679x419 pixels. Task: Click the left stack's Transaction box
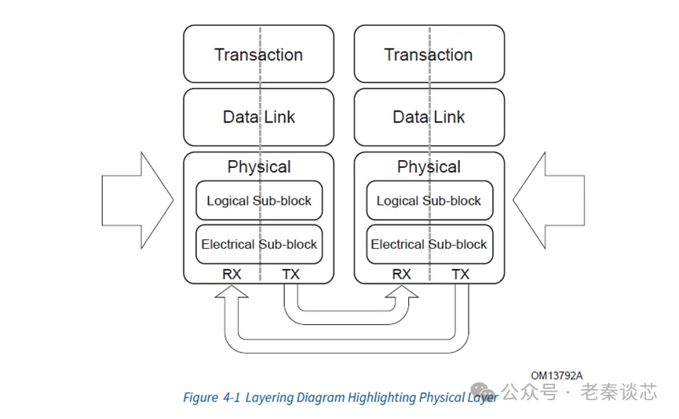258,54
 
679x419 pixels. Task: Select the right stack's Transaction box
429,54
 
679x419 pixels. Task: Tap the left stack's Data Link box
258,117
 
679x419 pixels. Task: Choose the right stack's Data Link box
429,117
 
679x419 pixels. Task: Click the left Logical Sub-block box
258,201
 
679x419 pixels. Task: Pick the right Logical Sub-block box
429,201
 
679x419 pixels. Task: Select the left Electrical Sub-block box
258,244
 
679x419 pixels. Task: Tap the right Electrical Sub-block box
429,244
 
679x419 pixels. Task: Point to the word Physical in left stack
258,167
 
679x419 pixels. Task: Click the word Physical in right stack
429,167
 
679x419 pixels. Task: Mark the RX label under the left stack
232,275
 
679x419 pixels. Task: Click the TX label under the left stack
290,275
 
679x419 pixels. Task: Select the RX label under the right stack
401,275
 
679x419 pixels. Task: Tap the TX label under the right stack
461,275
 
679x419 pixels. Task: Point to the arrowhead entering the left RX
232,291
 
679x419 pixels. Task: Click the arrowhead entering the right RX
401,291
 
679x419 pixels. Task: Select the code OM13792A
557,376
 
